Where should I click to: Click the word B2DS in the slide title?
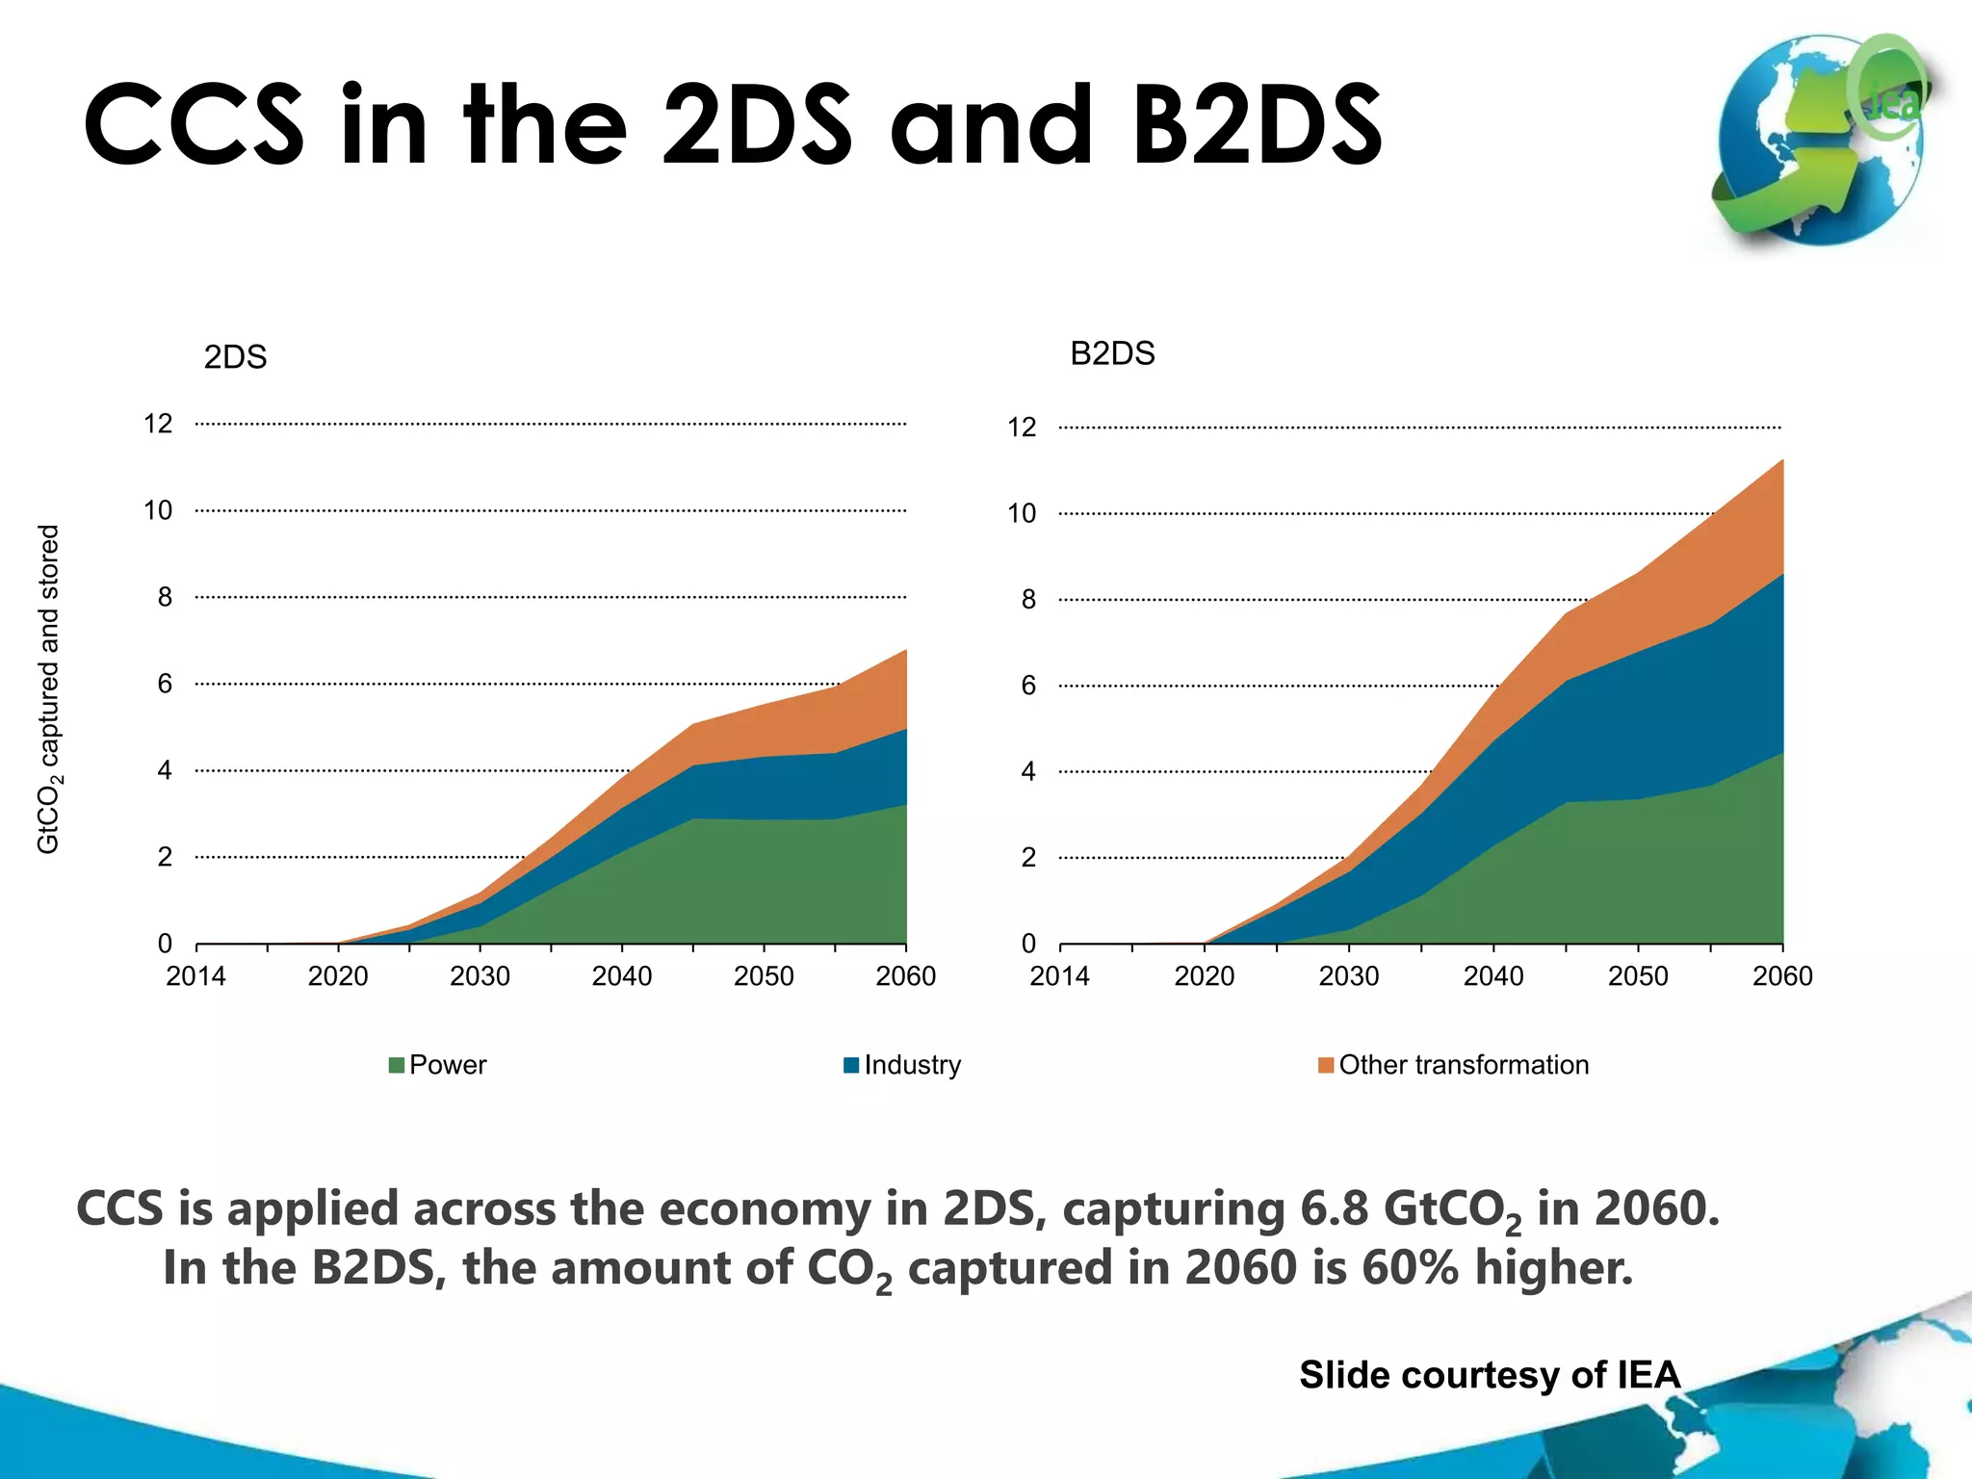(1257, 125)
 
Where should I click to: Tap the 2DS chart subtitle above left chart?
(235, 357)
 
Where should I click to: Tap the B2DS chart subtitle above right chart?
(1112, 353)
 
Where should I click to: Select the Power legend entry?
(438, 1065)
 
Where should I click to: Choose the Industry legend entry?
(902, 1065)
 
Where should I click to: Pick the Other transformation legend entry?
(1454, 1065)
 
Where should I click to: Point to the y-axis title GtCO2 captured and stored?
(48, 688)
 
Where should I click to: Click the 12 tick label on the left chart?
(158, 424)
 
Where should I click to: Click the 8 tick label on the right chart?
(1028, 600)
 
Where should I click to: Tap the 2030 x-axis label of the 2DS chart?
(480, 976)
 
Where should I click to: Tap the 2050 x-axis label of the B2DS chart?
(1638, 976)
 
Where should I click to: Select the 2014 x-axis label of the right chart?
(1059, 976)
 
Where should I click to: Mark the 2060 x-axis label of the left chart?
(905, 976)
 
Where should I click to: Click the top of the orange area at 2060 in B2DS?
(1781, 461)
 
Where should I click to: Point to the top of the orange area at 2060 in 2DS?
(905, 651)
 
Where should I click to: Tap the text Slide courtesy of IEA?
(1490, 1374)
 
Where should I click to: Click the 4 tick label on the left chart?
(165, 770)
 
